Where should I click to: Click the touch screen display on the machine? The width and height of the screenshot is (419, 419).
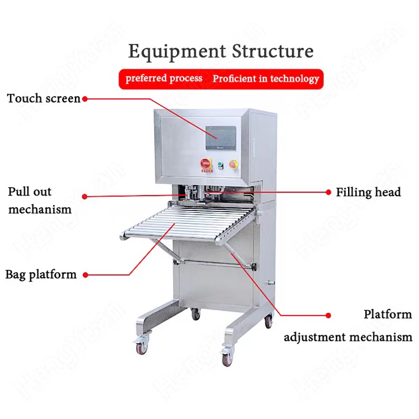[x=221, y=137]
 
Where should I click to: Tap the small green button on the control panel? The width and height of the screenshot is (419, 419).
[x=220, y=164]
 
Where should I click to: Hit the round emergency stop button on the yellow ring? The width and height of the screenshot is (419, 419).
[x=234, y=164]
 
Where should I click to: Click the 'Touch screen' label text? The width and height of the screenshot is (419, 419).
[x=44, y=98]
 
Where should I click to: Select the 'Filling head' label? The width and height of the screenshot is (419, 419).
[x=368, y=192]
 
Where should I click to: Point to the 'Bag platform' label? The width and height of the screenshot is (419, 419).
[x=41, y=274]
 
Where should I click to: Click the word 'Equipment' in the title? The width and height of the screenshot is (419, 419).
[x=165, y=52]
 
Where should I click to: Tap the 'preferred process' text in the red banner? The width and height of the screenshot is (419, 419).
[x=164, y=79]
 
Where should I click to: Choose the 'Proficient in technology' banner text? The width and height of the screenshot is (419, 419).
[x=265, y=79]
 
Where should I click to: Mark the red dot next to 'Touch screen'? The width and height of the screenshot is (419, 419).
[x=85, y=99]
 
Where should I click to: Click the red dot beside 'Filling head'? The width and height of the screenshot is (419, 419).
[x=328, y=192]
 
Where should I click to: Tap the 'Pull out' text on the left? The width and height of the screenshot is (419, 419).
[x=30, y=192]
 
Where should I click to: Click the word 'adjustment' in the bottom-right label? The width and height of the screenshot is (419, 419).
[x=313, y=337]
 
